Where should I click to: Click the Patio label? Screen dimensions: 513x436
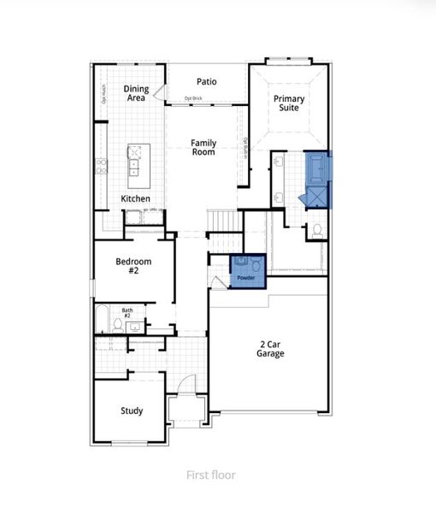click(x=206, y=82)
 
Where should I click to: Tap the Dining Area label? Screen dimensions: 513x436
click(x=136, y=94)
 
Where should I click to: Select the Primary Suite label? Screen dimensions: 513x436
click(x=289, y=104)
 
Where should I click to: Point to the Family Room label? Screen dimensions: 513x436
click(x=203, y=148)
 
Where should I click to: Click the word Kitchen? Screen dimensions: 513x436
click(x=135, y=198)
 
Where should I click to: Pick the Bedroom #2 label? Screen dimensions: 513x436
click(x=133, y=266)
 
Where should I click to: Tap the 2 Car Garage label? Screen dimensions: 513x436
click(x=273, y=349)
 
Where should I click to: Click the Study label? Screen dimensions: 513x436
click(x=131, y=410)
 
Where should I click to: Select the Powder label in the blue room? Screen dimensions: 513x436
click(x=246, y=278)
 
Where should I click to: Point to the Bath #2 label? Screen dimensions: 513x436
click(x=127, y=313)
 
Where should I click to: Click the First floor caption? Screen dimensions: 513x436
click(x=211, y=475)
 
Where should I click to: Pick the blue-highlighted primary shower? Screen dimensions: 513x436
click(x=318, y=195)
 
